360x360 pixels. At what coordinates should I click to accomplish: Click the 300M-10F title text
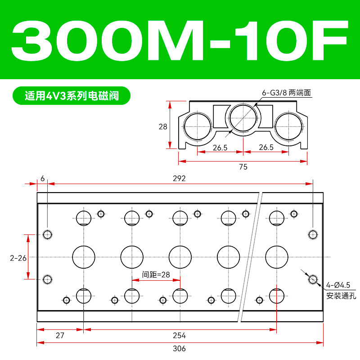tap(180, 40)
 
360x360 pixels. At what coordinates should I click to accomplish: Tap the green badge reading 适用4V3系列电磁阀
tap(72, 96)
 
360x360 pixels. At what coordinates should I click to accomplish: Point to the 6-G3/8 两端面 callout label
tap(286, 93)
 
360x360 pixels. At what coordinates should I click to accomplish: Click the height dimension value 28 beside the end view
tap(163, 126)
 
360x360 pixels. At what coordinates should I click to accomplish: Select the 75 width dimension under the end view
tap(243, 166)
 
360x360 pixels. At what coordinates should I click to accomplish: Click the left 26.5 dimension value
tap(220, 148)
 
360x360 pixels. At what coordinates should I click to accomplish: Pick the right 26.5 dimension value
tap(266, 147)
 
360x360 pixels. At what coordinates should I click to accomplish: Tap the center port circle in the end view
tap(243, 118)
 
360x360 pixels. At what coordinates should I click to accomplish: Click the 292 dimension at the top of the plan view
tap(179, 178)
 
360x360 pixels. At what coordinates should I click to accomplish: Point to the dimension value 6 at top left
tap(42, 178)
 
